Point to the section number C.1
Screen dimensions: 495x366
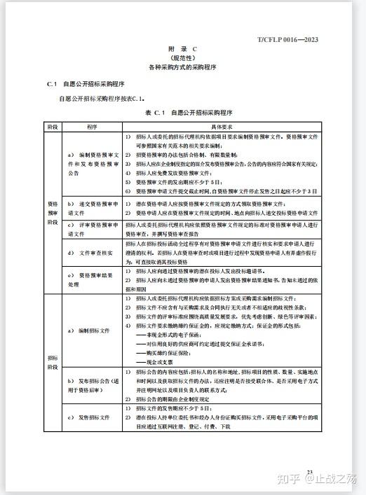(50, 84)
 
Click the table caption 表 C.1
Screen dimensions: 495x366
(154, 113)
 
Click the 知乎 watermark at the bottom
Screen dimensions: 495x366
(287, 479)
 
